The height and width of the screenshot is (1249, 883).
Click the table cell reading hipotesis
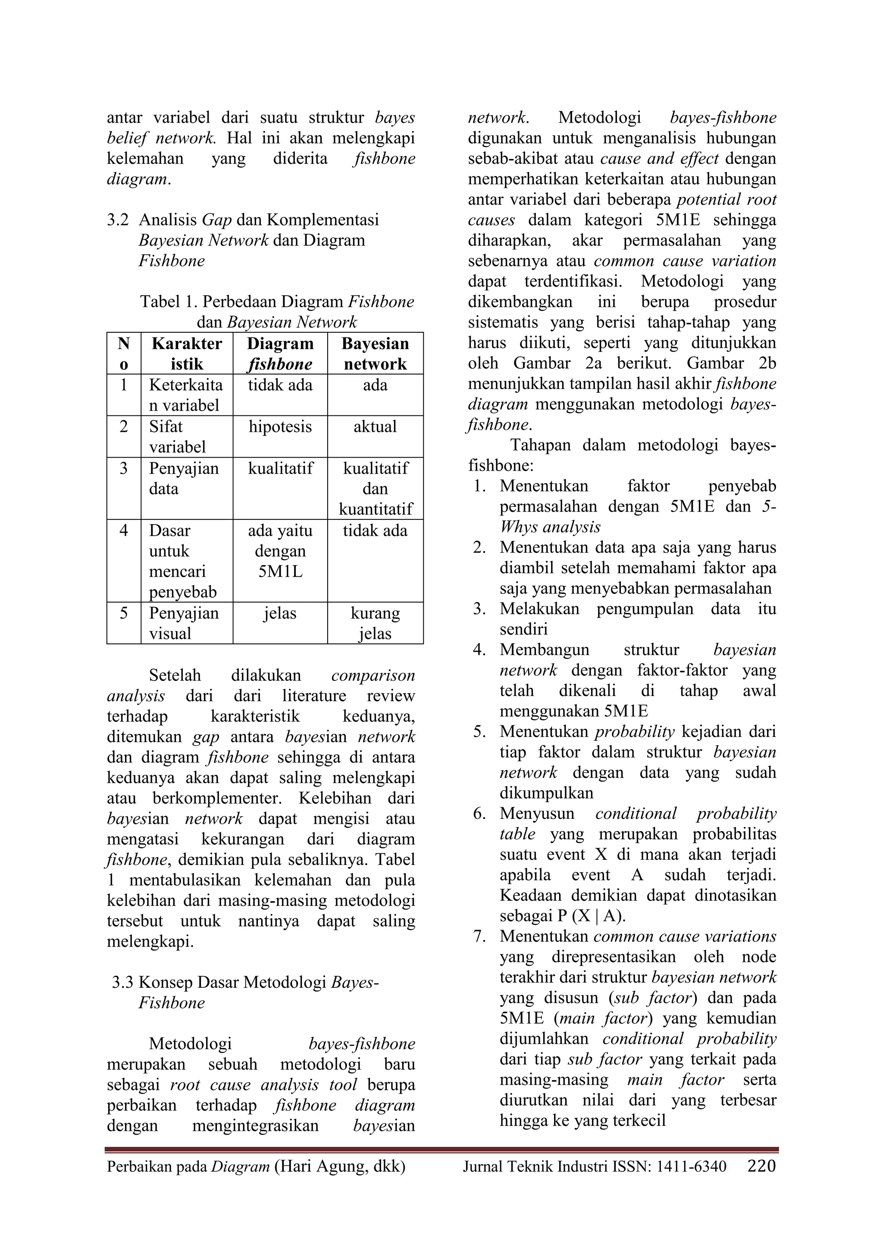click(280, 427)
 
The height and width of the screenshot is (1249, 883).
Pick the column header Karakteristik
click(187, 353)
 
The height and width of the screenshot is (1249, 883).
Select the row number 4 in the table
click(123, 531)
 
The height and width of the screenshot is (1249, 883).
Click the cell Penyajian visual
click(184, 623)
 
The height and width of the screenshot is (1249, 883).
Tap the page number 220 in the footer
click(761, 1166)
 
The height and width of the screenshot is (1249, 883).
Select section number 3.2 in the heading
click(118, 220)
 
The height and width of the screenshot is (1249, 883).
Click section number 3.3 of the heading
click(122, 983)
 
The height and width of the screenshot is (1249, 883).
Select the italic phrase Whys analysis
click(550, 527)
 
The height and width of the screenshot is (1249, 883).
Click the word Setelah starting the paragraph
click(175, 676)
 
